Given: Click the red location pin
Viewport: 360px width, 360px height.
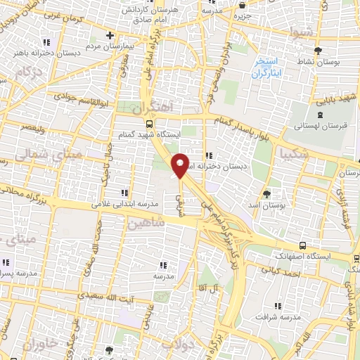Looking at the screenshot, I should point(181,164).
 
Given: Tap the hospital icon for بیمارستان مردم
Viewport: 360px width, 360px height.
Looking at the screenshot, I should point(110,36).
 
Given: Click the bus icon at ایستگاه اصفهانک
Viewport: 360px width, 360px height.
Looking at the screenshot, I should point(302,245).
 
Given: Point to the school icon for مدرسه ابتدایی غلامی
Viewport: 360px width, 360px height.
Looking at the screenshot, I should point(125,193).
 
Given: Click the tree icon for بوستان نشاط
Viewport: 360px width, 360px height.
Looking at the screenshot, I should point(319,51).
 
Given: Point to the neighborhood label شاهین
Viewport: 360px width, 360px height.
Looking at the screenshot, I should point(146,223).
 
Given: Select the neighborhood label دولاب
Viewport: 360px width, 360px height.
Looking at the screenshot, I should point(176,345).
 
